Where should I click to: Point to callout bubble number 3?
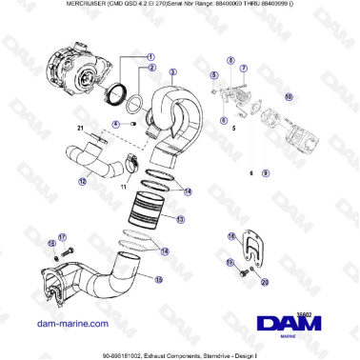click(x=172, y=71)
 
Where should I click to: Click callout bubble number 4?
click(x=115, y=123)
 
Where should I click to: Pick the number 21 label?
click(x=81, y=128)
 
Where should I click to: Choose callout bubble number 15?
click(x=158, y=279)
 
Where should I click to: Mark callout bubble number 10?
click(x=290, y=96)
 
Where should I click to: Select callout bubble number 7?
click(x=244, y=69)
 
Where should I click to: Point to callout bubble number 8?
click(x=230, y=61)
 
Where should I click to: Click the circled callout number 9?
click(x=266, y=174)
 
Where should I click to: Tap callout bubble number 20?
click(x=266, y=282)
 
